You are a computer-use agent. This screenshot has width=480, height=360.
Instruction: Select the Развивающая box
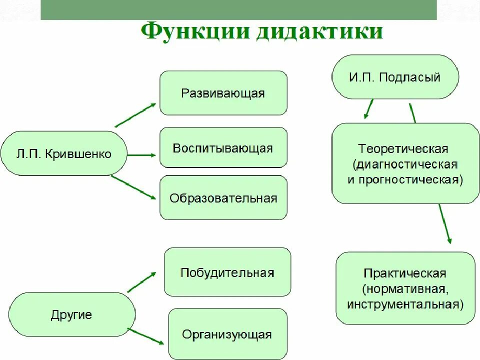pos(223,93)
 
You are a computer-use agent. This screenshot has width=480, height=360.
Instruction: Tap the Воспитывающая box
pos(223,148)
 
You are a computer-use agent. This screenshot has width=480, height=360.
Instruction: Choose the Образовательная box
pos(223,198)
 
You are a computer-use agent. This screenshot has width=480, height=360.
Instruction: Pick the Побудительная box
pos(227,272)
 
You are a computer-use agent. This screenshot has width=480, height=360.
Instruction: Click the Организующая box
pos(227,334)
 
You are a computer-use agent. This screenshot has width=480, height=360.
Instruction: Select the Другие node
pos(71,315)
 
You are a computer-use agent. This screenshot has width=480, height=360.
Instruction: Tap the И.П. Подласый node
pos(394,77)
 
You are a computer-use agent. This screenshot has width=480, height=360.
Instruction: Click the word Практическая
pos(405,273)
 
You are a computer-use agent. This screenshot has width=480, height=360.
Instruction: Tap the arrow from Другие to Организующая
pos(146,336)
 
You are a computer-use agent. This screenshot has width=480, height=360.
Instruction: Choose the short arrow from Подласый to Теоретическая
pos(369,108)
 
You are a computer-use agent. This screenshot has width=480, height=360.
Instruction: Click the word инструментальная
pos(405,304)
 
